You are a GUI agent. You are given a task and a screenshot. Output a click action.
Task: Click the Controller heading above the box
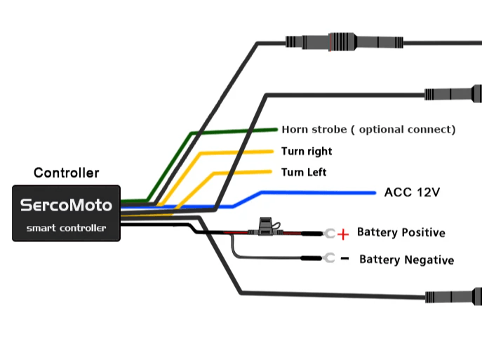(x=67, y=173)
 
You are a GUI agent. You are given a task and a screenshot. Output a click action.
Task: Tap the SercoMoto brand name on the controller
(x=67, y=206)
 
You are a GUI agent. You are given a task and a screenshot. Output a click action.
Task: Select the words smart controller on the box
(x=67, y=227)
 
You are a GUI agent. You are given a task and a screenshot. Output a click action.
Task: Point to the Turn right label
(x=307, y=151)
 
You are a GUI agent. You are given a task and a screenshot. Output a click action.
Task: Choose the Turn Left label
(x=304, y=173)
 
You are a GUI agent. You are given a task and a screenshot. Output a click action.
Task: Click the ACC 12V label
(x=412, y=192)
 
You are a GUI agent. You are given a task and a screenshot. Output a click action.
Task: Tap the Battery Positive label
(x=401, y=232)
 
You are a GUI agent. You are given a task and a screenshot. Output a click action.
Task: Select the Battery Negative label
(x=406, y=260)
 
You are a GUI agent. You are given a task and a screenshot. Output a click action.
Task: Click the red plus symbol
(x=342, y=234)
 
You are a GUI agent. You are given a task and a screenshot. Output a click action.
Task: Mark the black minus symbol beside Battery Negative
(x=344, y=259)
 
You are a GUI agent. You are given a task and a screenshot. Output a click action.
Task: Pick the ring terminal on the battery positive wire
(x=328, y=234)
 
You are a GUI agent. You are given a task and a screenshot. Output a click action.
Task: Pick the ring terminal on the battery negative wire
(x=328, y=259)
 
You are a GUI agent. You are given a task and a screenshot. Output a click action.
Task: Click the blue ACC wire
(x=316, y=192)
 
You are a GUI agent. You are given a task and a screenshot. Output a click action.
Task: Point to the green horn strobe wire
(x=232, y=131)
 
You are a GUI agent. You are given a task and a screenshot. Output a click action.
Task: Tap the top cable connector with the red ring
(x=337, y=39)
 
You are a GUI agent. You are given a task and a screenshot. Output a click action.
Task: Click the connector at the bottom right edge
(x=456, y=295)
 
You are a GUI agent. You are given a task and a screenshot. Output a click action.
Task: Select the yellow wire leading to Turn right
(x=235, y=152)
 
